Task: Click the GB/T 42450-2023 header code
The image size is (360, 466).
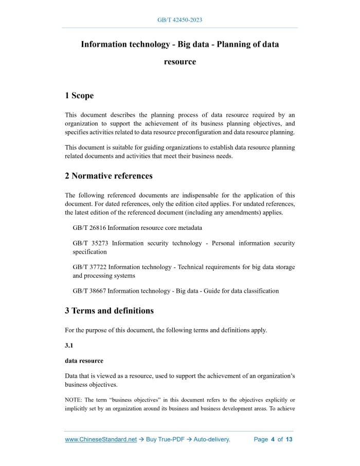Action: [x=179, y=20]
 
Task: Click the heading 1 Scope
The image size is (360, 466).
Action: [x=79, y=96]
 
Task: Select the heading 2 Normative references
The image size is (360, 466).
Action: [x=109, y=176]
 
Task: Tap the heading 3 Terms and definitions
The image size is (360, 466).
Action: [x=109, y=311]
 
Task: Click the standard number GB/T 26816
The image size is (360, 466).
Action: [x=89, y=227]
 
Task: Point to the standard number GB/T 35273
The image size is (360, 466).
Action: [x=89, y=243]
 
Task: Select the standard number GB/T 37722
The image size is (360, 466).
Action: [x=89, y=267]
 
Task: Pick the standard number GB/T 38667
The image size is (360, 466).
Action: [x=89, y=291]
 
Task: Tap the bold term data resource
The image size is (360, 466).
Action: [x=84, y=361]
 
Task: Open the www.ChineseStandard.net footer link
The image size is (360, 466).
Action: [x=101, y=439]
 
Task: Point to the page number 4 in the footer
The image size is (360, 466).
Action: [x=273, y=439]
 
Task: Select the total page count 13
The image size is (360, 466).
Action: [x=289, y=439]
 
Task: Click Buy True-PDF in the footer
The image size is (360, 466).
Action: [x=164, y=439]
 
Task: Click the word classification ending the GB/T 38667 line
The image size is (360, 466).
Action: [x=260, y=291]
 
